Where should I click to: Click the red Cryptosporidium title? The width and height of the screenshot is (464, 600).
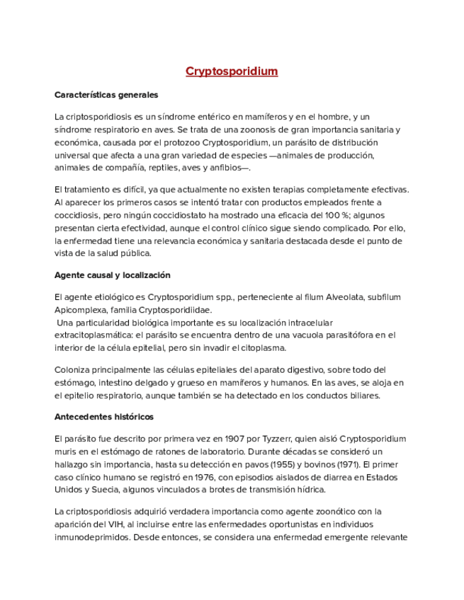[232, 71]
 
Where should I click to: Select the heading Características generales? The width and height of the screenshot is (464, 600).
[106, 95]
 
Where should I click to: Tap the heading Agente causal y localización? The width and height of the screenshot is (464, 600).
[112, 275]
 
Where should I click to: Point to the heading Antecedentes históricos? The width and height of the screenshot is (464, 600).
[103, 417]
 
